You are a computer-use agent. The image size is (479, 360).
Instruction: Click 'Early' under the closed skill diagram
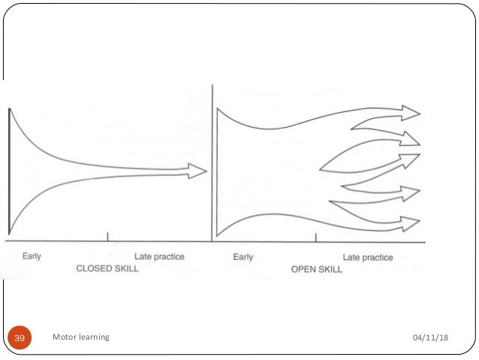coord(32,256)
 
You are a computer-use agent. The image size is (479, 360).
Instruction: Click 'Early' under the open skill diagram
coord(243,257)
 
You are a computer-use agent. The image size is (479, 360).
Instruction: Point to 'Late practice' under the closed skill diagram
coord(159,256)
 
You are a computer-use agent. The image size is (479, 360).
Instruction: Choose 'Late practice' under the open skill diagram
coord(368,257)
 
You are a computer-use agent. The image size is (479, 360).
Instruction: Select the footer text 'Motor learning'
coord(81,337)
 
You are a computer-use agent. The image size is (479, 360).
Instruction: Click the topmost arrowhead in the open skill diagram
coord(411,112)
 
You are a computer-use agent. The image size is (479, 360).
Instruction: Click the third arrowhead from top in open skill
coord(411,159)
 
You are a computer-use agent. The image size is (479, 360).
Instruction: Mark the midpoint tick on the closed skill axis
coord(109,237)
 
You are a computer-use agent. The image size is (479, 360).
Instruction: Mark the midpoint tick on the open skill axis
coord(316,237)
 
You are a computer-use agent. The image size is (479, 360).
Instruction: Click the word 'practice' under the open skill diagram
coord(378,257)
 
